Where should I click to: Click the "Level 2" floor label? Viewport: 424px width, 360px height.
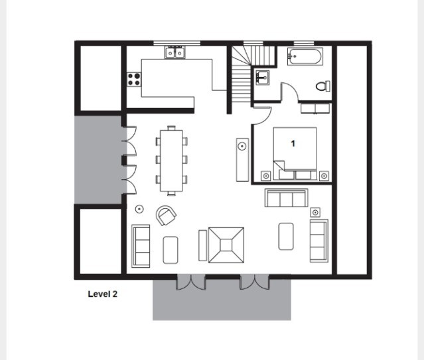[102, 294]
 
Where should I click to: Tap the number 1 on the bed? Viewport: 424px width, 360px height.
[293, 143]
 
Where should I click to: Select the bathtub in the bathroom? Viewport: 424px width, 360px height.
[305, 56]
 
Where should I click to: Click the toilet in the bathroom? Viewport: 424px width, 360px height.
[323, 86]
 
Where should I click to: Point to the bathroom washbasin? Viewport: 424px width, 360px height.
[261, 78]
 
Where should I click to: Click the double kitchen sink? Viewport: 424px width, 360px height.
[175, 52]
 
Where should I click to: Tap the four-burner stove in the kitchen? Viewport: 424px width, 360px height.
[134, 79]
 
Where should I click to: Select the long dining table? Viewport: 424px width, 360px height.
[171, 160]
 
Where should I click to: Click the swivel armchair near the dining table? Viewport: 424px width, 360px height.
[166, 215]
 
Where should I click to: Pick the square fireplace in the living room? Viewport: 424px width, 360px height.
[226, 245]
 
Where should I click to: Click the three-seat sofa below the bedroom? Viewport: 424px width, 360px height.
[287, 198]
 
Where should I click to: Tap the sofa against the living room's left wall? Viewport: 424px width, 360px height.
[141, 246]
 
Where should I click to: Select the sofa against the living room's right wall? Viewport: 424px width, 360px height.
[319, 241]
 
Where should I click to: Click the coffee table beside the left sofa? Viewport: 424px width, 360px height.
[171, 250]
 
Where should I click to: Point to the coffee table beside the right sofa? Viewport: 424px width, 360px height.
[286, 236]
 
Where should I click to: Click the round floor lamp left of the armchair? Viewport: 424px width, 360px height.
[139, 209]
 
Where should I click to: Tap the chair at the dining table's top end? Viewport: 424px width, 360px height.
[171, 128]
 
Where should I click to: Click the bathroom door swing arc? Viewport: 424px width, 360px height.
[293, 88]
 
